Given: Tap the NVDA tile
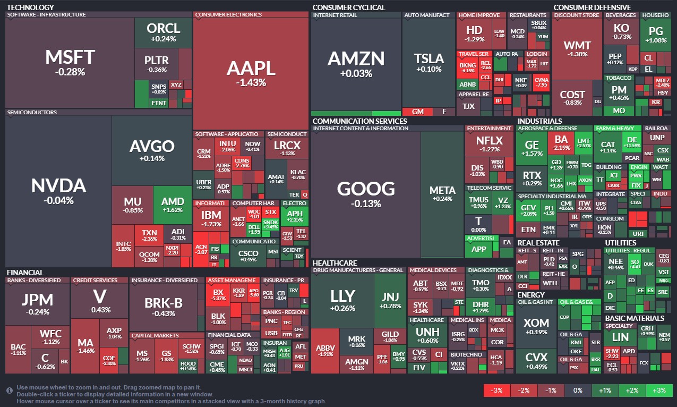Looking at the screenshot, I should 58,190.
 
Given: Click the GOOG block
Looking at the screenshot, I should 366,193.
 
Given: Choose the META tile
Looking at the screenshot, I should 442,193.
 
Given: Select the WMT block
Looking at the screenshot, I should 577,49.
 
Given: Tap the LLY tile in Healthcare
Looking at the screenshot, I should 342,300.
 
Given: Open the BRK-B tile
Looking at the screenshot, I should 164,306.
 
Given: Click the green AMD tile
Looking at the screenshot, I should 172,205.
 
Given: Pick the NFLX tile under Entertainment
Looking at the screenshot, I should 489,144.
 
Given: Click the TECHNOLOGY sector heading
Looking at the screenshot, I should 30,7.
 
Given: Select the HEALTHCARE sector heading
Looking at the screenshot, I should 335,262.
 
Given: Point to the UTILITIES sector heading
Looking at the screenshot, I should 620,243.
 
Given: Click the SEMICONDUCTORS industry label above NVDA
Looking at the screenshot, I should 31,113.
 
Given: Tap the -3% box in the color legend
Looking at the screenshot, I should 497,391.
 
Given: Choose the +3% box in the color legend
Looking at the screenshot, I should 659,391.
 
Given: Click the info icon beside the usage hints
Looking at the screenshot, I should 10,391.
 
